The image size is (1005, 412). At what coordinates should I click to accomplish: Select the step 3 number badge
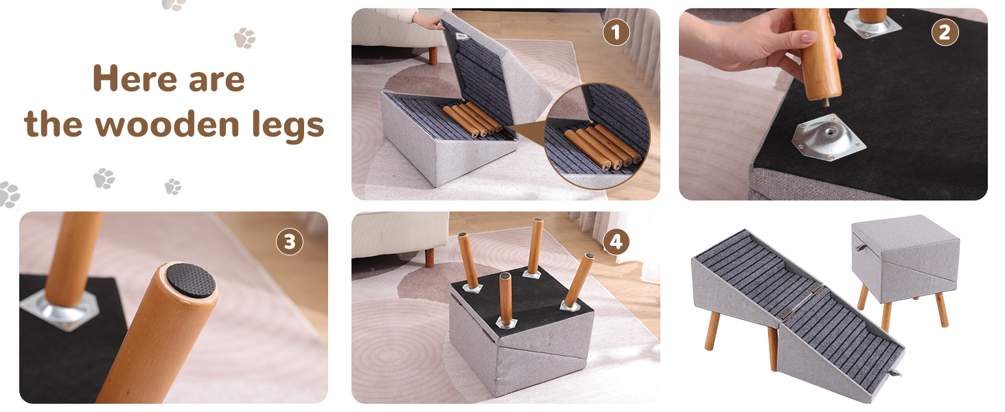pos(289,242)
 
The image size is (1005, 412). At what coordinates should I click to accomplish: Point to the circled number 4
pos(616,242)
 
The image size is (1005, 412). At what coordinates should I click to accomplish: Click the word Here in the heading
pos(129,80)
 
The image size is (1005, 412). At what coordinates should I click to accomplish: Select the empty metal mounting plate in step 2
pos(828,136)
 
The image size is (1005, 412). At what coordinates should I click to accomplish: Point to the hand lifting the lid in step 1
pos(427,20)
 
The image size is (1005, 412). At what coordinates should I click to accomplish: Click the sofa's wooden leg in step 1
pos(433,55)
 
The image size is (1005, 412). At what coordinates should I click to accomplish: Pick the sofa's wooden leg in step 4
pos(429,257)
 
